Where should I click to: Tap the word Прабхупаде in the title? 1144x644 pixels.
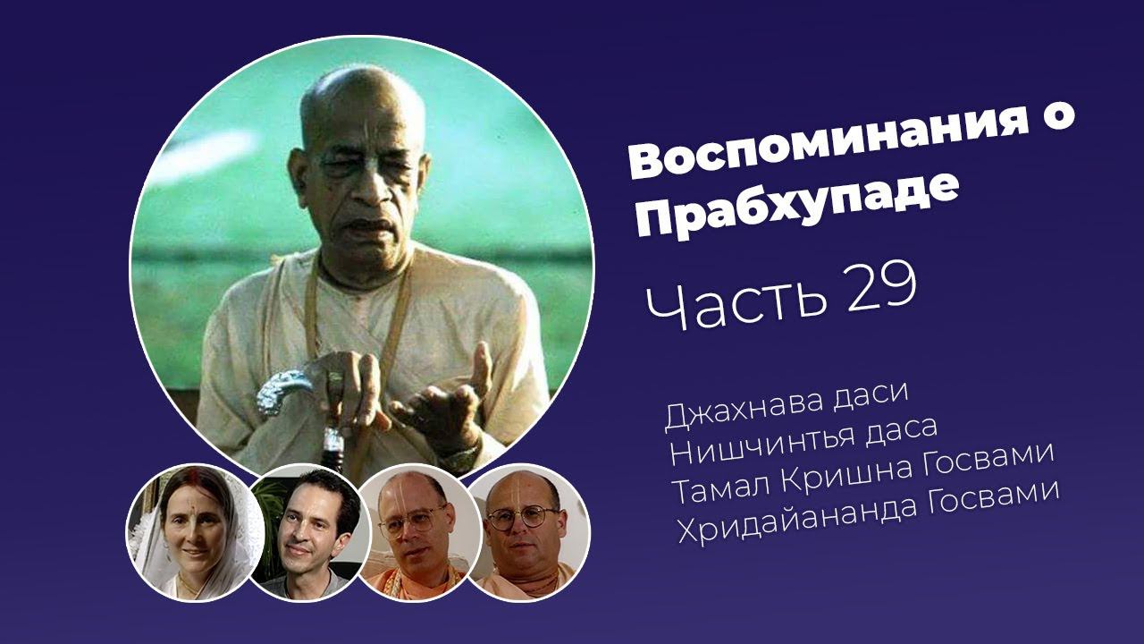tap(795, 205)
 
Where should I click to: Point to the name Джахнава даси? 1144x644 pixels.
tap(786, 409)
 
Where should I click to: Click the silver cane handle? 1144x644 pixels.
tap(286, 391)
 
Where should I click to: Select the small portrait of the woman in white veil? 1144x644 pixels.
tap(195, 532)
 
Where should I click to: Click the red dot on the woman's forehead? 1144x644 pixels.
tap(196, 495)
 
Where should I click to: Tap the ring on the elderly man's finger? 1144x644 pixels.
tap(335, 382)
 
